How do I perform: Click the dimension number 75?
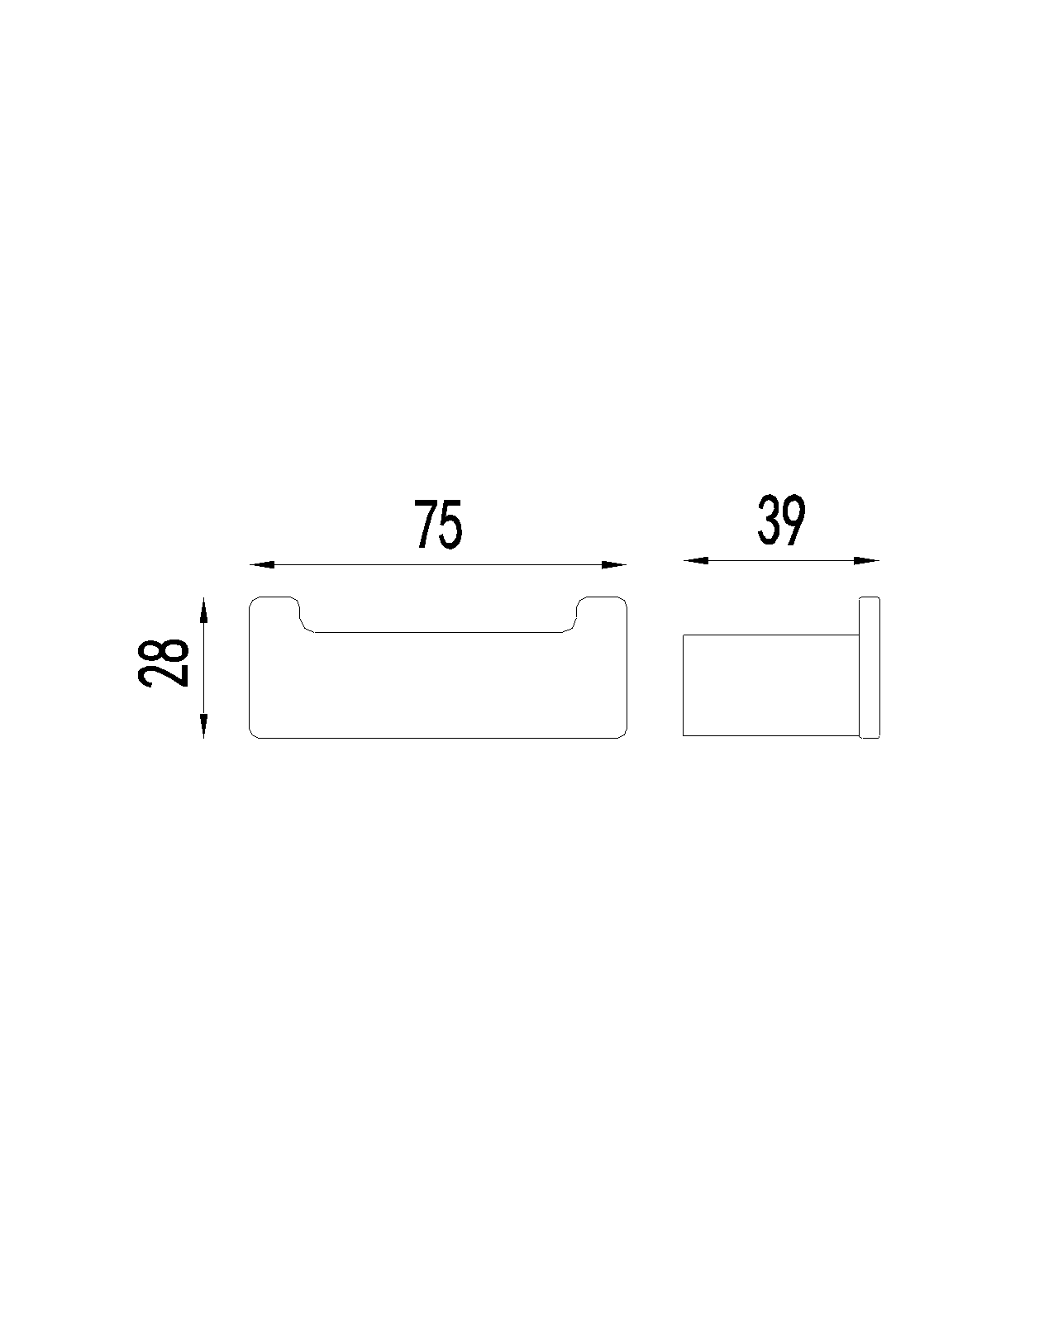[438, 525]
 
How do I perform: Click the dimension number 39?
[781, 521]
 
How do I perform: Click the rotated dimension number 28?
[163, 663]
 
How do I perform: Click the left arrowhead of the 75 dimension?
[262, 564]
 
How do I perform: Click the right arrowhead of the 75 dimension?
[613, 564]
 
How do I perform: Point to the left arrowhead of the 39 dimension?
[696, 560]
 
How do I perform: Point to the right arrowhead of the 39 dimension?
[867, 560]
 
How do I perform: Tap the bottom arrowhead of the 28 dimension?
[204, 725]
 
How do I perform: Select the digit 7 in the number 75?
[425, 525]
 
